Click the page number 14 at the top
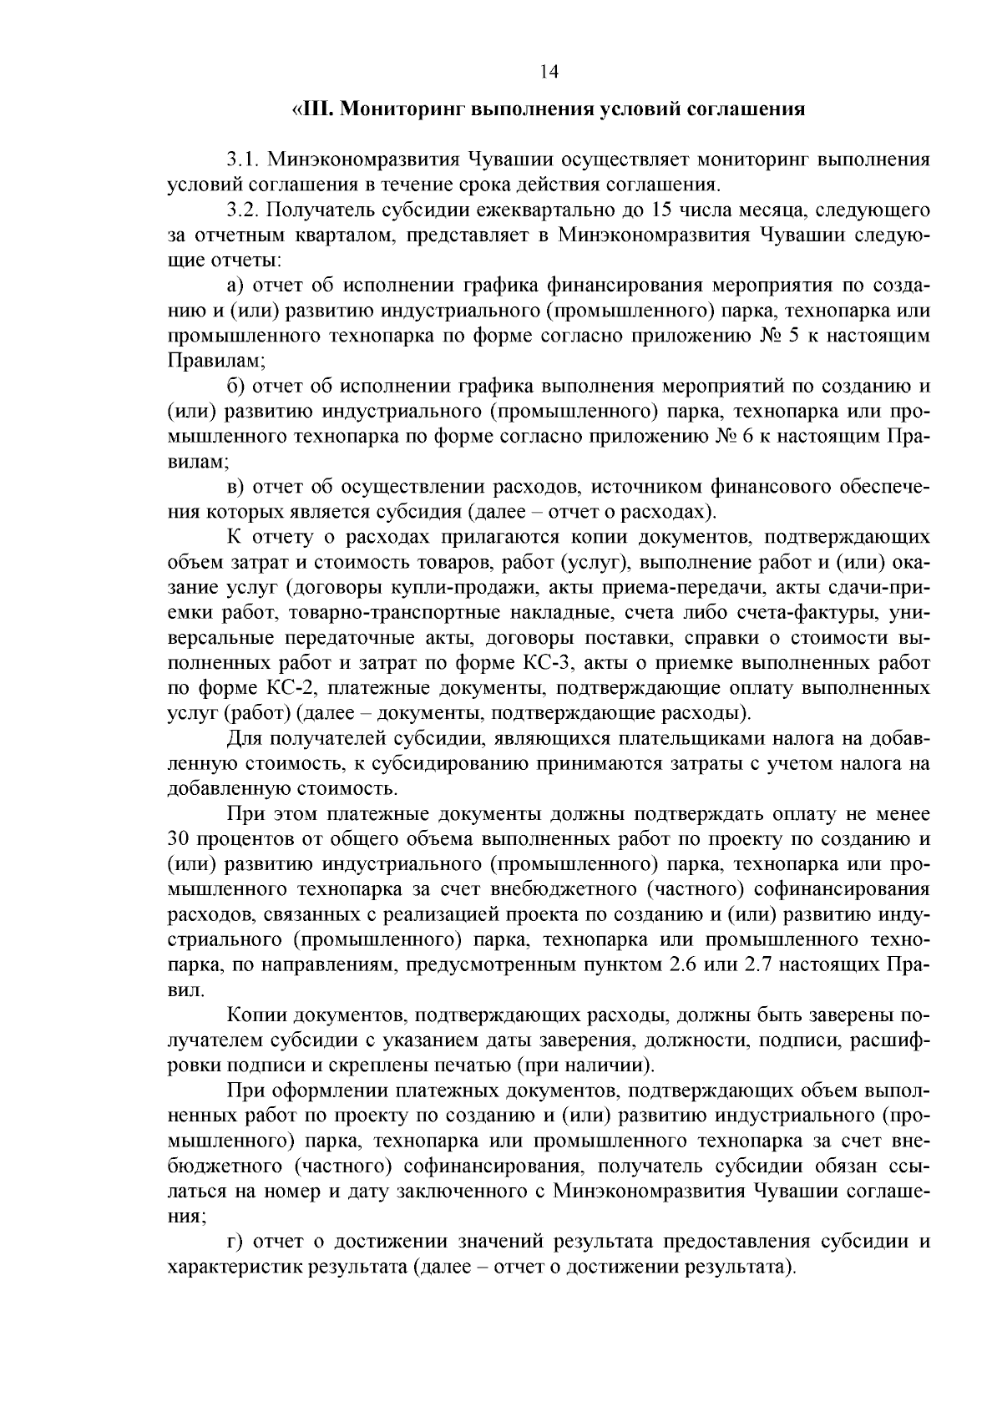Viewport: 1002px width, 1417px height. pos(549,72)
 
